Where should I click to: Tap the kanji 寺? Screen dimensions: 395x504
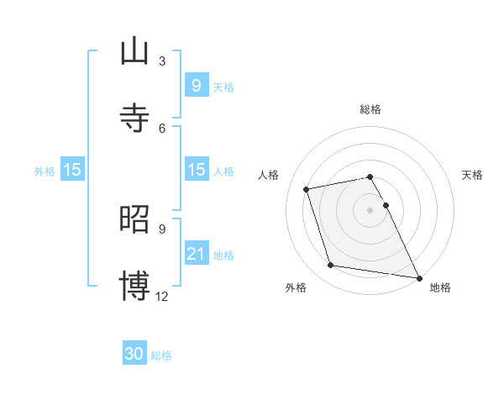coord(134,118)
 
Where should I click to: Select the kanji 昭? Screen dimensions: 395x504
coord(134,219)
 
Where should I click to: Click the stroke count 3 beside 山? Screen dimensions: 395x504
coord(162,61)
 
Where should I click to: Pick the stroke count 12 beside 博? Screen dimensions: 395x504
coord(162,296)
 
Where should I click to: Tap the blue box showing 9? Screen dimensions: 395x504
coord(196,85)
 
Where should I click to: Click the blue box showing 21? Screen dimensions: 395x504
coord(196,253)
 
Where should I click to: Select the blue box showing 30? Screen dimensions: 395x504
coord(134,354)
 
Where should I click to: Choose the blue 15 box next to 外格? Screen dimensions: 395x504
coord(71,170)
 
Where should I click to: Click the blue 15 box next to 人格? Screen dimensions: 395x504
coord(196,170)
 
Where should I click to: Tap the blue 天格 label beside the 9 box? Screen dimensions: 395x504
coord(223,87)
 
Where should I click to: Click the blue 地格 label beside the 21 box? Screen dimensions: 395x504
coord(223,255)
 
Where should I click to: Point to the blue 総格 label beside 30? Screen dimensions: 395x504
coord(161,355)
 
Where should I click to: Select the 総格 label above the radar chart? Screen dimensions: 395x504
coord(370,109)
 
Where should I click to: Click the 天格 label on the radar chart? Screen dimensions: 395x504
coord(472,175)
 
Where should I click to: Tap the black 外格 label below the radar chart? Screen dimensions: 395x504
coord(296,287)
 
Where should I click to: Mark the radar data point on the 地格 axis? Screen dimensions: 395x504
coord(418,277)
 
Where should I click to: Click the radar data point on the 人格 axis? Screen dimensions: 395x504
coord(307,188)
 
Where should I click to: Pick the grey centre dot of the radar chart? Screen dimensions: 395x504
coord(370,209)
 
